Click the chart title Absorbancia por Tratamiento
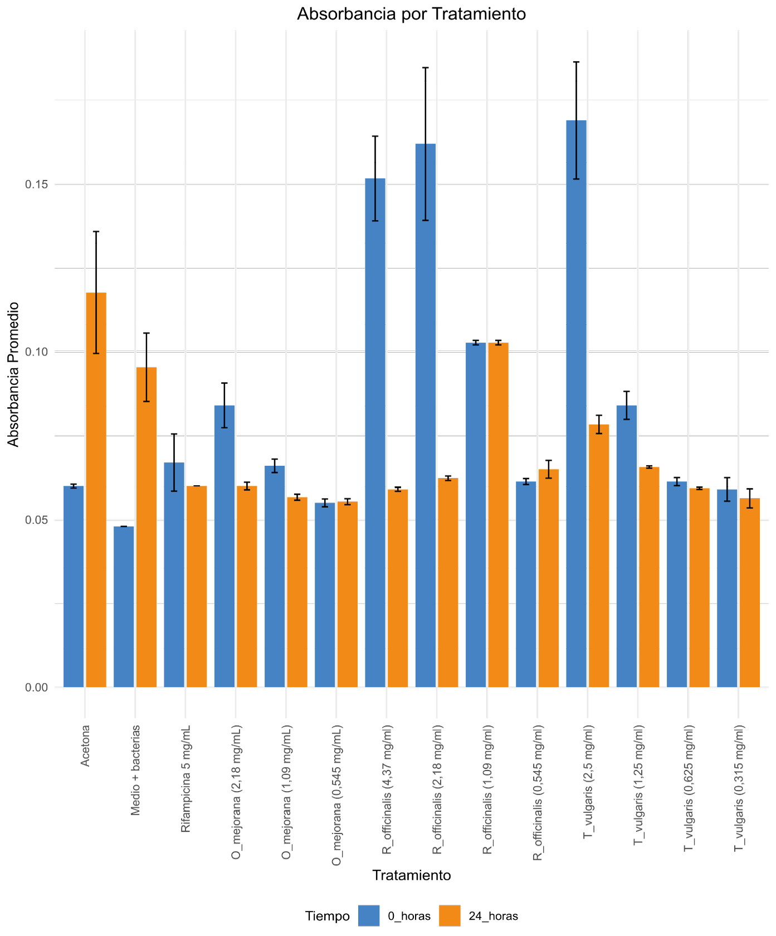click(x=411, y=14)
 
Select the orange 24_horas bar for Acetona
click(x=96, y=490)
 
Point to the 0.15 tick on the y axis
click(x=36, y=184)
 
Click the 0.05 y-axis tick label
click(x=36, y=520)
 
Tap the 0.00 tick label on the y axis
click(x=36, y=688)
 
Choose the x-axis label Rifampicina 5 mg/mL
click(x=186, y=778)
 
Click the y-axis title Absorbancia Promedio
click(x=14, y=374)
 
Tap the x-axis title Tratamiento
click(x=411, y=875)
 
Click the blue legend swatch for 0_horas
click(x=369, y=916)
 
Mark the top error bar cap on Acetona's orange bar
click(x=96, y=231)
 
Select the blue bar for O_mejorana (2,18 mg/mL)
click(x=224, y=546)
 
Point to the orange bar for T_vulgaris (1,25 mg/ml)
click(x=649, y=577)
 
